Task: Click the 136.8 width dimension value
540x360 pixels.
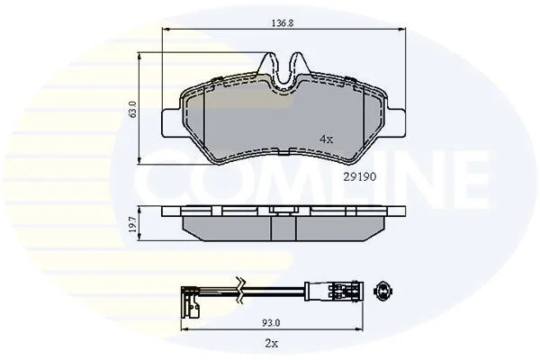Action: click(283, 23)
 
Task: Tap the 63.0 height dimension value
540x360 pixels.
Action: click(133, 109)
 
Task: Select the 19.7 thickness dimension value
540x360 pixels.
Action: click(133, 224)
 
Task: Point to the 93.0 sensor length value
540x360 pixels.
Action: click(272, 323)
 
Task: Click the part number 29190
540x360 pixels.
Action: click(360, 176)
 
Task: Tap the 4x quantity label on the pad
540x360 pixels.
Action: click(327, 139)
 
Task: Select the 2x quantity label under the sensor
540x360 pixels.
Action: click(272, 343)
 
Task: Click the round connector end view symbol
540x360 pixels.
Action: click(384, 291)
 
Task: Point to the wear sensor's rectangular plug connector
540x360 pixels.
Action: click(333, 291)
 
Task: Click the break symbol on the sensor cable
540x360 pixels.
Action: click(240, 289)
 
